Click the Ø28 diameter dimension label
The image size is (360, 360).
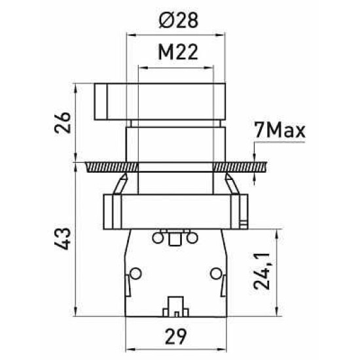pos(178,20)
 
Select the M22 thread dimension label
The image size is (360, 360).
pos(178,52)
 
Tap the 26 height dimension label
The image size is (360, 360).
pos(62,122)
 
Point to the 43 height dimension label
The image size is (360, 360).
pos(62,239)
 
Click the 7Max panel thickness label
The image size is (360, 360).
pos(280,131)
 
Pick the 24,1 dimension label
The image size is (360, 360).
pos(261,272)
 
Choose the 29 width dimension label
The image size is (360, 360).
pos(176,337)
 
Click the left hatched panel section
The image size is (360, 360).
pos(112,167)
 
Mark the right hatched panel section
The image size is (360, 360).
pos(240,167)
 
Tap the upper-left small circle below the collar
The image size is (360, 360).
pos(158,238)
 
